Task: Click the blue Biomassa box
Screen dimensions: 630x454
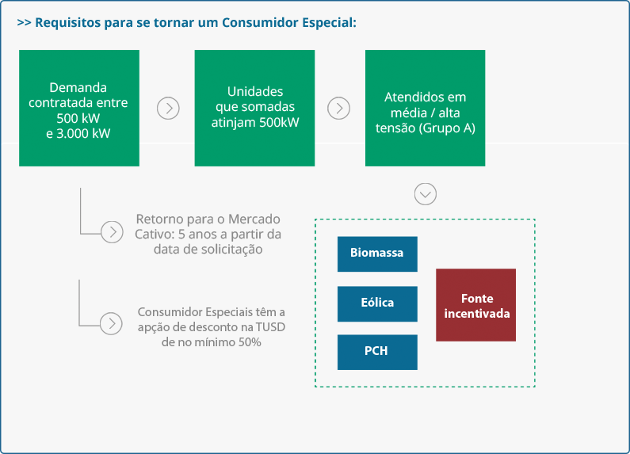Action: click(x=377, y=254)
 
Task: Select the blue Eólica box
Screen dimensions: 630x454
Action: click(x=377, y=303)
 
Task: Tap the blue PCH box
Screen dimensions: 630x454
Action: click(x=377, y=352)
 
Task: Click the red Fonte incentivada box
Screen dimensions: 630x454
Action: click(x=475, y=305)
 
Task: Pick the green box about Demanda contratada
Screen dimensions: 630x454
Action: click(x=79, y=108)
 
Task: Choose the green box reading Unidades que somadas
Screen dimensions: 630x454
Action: click(x=254, y=108)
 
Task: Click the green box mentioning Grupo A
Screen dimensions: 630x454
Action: click(x=425, y=108)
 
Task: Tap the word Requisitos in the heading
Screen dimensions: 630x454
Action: click(x=68, y=22)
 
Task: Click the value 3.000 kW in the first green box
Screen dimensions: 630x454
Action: click(x=83, y=133)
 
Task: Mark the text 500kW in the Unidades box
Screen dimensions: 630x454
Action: click(x=279, y=122)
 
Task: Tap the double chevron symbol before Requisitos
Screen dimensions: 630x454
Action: click(x=24, y=23)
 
